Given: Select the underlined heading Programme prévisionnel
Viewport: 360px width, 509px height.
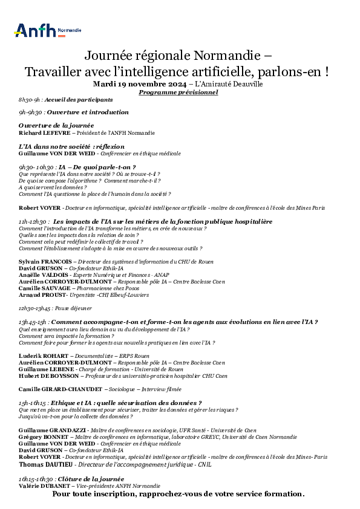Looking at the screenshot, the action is (x=178, y=92).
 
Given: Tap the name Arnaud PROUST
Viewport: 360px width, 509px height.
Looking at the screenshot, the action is (x=42, y=294).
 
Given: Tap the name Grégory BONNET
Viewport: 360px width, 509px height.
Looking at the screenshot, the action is (x=44, y=436).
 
